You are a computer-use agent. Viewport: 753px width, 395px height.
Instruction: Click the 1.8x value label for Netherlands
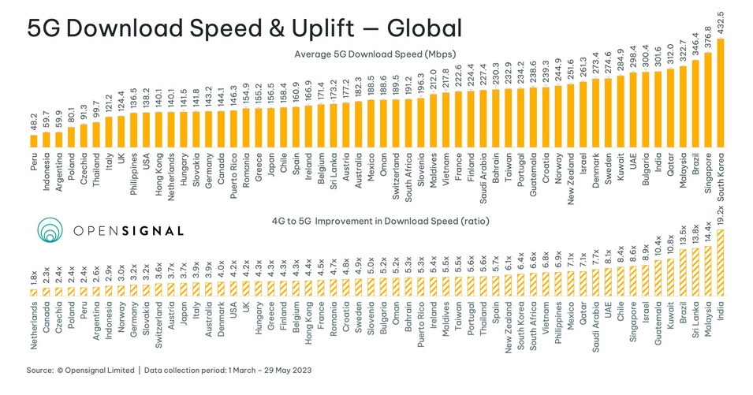tap(34, 278)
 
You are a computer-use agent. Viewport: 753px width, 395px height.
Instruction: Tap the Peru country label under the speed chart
tap(34, 162)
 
